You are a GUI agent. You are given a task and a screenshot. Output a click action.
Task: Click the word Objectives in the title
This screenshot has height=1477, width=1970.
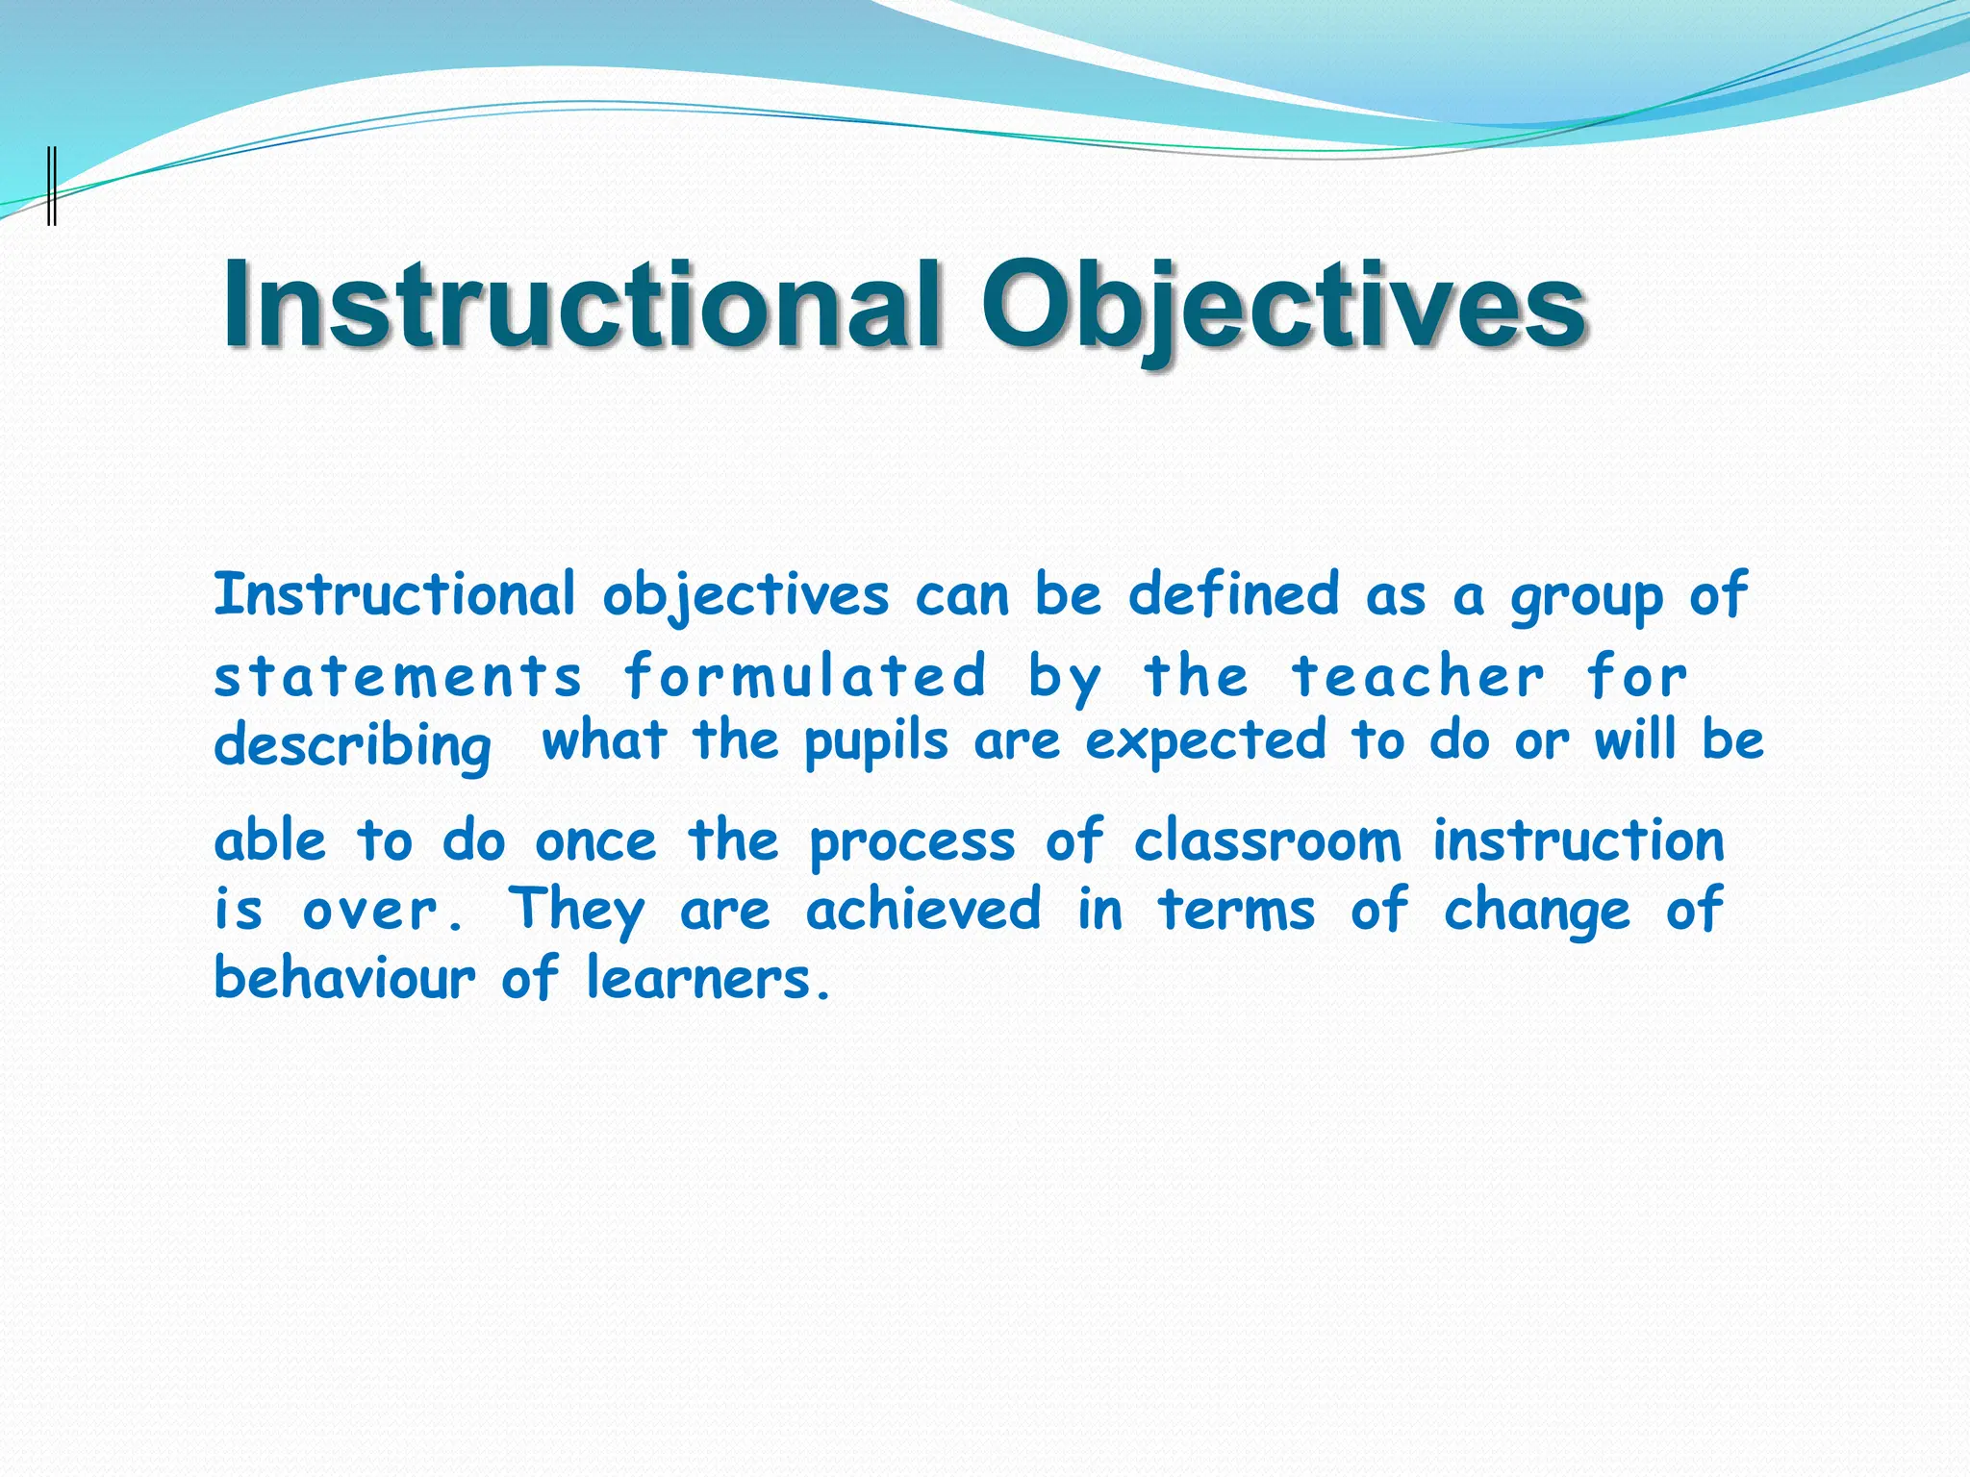(x=1282, y=306)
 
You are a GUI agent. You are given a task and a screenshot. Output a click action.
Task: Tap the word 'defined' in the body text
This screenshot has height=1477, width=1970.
(x=1233, y=594)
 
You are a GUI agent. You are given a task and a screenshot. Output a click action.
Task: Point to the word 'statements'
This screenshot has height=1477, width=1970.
(x=398, y=676)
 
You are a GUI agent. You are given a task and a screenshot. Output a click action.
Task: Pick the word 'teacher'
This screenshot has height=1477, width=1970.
(x=1417, y=676)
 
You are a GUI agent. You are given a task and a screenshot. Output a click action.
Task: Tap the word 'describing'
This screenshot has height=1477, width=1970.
(x=352, y=746)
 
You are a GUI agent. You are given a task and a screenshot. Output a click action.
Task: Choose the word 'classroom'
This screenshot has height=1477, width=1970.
(x=1267, y=841)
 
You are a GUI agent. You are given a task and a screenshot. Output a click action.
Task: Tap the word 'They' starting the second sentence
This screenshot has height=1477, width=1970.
(x=576, y=910)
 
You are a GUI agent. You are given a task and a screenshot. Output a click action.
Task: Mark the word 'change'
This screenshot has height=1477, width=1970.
(x=1536, y=912)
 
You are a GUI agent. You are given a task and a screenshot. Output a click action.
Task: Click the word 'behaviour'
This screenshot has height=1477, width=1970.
(x=344, y=978)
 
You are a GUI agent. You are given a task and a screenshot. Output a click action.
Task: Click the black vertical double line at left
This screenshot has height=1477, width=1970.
(x=52, y=185)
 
